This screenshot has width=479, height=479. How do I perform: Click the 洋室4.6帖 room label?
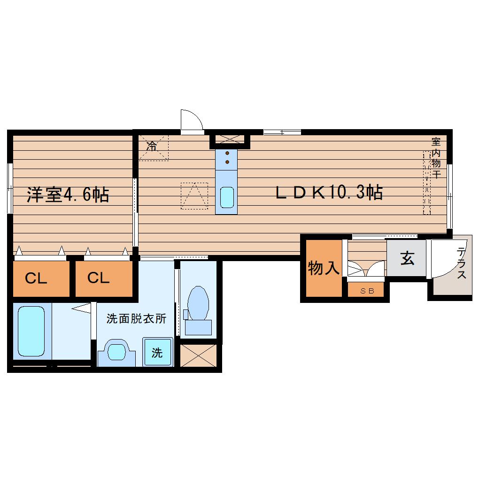click(x=68, y=194)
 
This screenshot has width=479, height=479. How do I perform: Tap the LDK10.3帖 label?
click(x=328, y=192)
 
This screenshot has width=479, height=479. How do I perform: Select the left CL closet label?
click(x=36, y=279)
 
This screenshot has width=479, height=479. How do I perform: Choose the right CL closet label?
click(x=99, y=278)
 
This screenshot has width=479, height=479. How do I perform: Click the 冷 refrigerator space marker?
click(x=151, y=146)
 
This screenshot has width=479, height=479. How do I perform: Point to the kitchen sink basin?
click(x=227, y=197)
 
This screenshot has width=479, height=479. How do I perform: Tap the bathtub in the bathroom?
click(x=31, y=331)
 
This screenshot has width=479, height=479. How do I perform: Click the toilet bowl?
click(x=198, y=304)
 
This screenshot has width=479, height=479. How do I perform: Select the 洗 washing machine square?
click(x=157, y=353)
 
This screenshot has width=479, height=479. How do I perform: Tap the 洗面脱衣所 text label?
click(x=136, y=319)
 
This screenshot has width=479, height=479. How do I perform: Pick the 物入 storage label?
click(x=324, y=269)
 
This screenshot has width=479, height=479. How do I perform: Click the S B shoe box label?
click(x=367, y=291)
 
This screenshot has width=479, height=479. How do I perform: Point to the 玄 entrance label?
click(x=407, y=258)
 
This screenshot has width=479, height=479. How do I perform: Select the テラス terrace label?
click(x=462, y=263)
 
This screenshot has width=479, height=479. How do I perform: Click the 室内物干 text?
click(x=436, y=158)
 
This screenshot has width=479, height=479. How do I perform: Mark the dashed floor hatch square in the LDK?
click(x=194, y=195)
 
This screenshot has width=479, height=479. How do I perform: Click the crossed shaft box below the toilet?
click(x=198, y=355)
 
